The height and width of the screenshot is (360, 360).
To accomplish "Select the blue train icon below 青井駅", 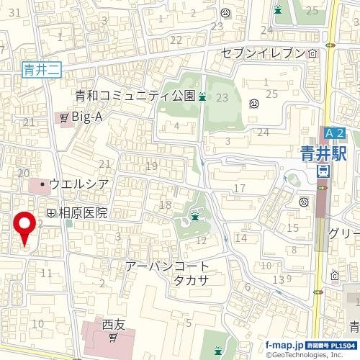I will pos(323,171).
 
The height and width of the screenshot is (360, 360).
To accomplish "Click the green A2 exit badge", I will pos(335,133).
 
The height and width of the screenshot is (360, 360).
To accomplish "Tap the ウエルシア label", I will pos(79,184).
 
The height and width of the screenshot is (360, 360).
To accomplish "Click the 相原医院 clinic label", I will pos(82,213).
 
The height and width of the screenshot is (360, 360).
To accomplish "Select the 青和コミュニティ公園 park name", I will pos(135,96).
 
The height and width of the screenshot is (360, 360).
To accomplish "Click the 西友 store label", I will pos(114,324).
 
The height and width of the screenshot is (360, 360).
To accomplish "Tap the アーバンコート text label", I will pos(167,266).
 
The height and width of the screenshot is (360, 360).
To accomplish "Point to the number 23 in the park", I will pos(222,98).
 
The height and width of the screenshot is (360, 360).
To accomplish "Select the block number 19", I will pos(151,166).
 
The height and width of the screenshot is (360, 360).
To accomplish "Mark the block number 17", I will pos(240,189).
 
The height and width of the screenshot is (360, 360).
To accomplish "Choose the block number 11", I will pos(47,273).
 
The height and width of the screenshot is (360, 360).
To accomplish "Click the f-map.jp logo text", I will pos(284,346).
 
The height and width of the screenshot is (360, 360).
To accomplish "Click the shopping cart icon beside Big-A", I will pos(64,117).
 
